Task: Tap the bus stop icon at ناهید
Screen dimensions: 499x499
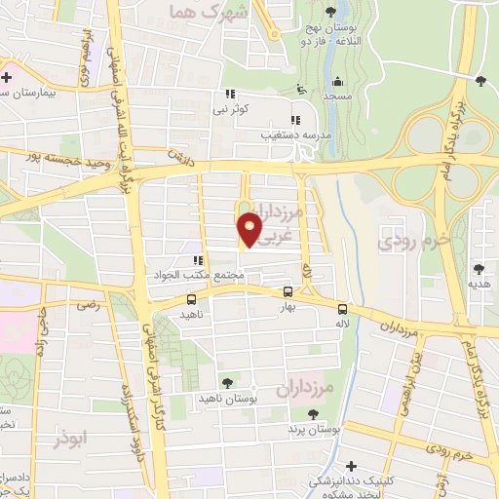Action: click(190, 300)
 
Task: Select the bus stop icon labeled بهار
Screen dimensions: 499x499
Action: click(288, 291)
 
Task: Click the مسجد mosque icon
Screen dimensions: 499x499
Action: click(337, 81)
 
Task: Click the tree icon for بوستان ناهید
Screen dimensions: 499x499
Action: click(228, 383)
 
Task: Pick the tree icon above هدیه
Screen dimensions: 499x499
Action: click(480, 268)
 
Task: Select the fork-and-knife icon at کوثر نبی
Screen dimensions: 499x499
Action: click(231, 94)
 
